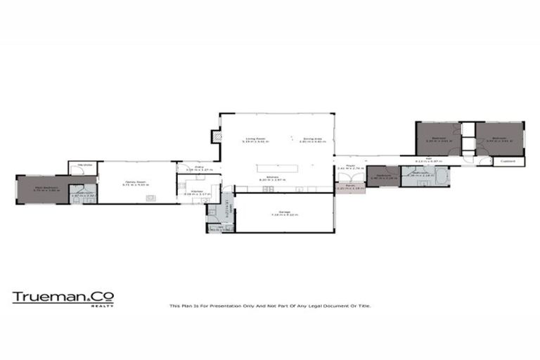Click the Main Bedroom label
pos(49,188)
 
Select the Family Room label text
pos(134,181)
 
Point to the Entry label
pos(199,167)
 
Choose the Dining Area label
pos(311,139)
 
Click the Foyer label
pos(349,168)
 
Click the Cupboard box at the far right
pos(508,161)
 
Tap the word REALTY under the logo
pos(107,306)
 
